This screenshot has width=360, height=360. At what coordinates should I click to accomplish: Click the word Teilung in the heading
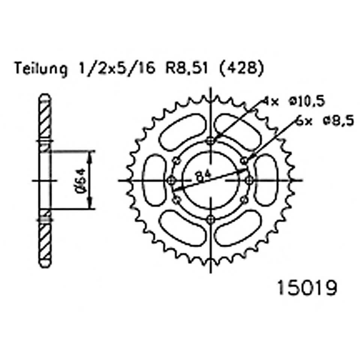coord(40,69)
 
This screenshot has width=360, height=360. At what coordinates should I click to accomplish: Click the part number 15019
coord(306,289)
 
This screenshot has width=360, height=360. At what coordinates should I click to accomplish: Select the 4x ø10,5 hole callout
coord(293,101)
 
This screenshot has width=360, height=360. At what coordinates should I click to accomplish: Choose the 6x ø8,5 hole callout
coord(324,121)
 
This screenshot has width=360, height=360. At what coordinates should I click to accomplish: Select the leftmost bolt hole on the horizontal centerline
coord(172,180)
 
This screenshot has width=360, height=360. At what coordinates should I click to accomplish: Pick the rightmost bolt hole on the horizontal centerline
coord(249,180)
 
